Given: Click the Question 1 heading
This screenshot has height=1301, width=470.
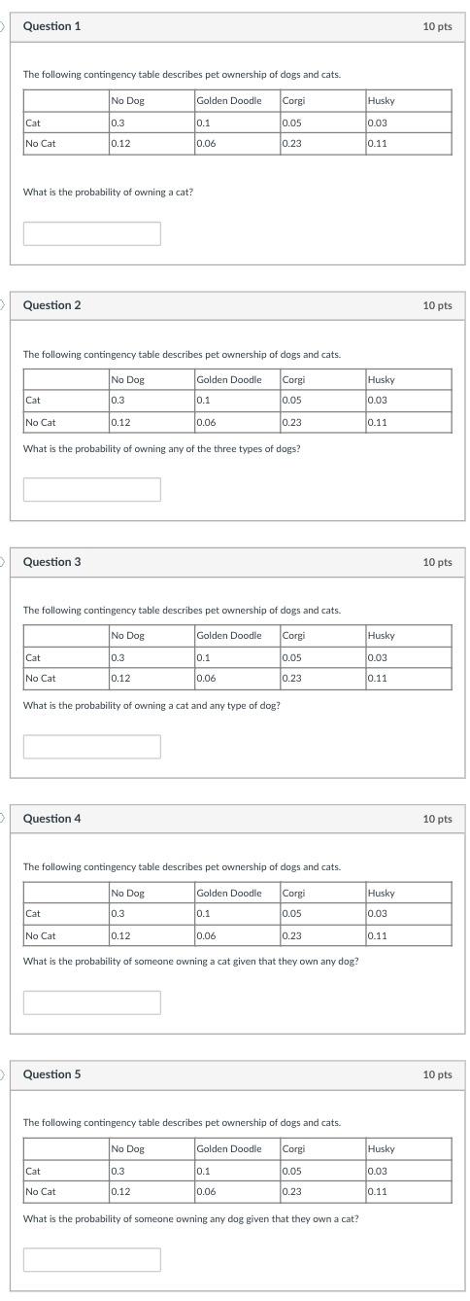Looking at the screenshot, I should (x=51, y=26).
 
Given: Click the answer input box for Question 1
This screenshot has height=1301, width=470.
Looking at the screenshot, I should (x=92, y=233).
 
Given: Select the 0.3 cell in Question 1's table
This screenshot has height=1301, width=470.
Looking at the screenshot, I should (x=117, y=123).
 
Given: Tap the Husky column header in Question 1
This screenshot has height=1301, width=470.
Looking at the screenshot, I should (x=381, y=100).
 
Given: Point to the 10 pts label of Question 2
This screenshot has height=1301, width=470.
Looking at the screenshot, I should (x=437, y=305).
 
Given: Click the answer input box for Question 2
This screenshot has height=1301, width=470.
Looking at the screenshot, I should (x=92, y=489).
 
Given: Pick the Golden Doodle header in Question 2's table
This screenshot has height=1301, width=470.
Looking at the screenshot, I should (x=229, y=379).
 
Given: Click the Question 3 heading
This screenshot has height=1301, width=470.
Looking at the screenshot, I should (x=51, y=562).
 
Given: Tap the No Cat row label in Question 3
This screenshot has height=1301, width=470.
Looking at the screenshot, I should (x=41, y=678).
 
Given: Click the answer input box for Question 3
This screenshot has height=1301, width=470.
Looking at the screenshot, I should (x=92, y=746).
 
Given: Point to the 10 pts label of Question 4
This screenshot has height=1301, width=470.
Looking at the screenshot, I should (x=437, y=819).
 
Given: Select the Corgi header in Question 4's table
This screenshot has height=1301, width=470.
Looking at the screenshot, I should (x=293, y=893).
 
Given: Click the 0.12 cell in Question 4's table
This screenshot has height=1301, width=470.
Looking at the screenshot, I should (x=120, y=935).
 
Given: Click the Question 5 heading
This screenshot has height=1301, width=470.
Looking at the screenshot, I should (x=51, y=1074).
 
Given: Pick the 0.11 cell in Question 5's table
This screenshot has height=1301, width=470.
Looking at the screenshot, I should (x=378, y=1191).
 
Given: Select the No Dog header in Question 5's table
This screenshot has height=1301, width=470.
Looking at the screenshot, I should (x=127, y=1148).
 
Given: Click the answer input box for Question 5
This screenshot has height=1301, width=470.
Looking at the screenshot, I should (x=92, y=1259).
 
